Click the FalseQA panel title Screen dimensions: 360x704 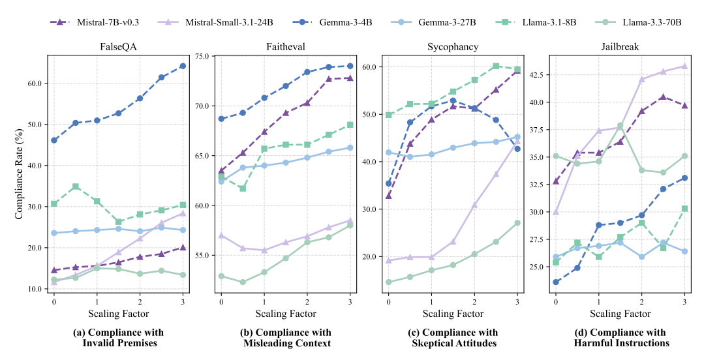pyautogui.click(x=117, y=47)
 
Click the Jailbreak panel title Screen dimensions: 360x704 pyautogui.click(x=620, y=47)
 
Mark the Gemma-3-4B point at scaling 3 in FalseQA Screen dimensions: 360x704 pyautogui.click(x=183, y=66)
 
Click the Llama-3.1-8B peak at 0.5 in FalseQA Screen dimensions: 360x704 pyautogui.click(x=76, y=187)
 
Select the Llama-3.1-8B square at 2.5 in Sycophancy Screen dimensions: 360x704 pyautogui.click(x=496, y=66)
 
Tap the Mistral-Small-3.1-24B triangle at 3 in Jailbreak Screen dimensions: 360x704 pyautogui.click(x=684, y=66)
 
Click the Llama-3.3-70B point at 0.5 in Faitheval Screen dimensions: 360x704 pyautogui.click(x=243, y=282)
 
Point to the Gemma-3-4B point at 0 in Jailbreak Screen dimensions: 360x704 pyautogui.click(x=556, y=282)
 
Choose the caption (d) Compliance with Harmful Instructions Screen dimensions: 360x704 pyautogui.click(x=620, y=338)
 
